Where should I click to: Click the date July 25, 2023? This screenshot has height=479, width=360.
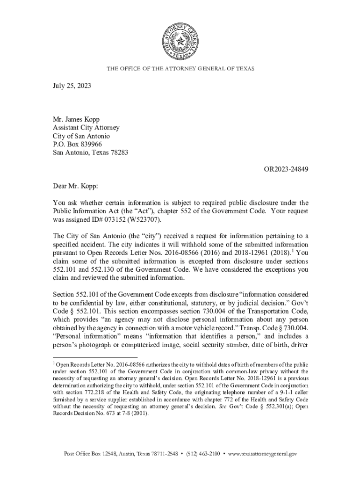point(72,86)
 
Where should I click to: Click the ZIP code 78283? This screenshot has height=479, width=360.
point(119,152)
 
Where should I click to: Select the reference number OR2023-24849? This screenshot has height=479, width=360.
point(285,169)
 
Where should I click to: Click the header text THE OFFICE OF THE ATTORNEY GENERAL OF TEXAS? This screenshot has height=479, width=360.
point(180,69)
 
